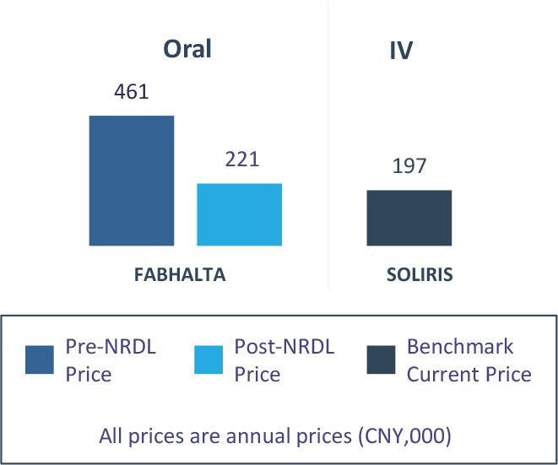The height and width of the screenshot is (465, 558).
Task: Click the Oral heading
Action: point(187,49)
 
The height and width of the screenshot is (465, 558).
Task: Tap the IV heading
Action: point(400,51)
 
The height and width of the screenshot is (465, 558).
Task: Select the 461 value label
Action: point(131,91)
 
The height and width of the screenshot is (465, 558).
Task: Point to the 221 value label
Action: point(241,160)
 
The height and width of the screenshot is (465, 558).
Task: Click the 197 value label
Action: point(409,165)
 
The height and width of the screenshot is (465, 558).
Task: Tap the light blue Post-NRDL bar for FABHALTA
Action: point(239,214)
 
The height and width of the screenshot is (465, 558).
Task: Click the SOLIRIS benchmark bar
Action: point(409,218)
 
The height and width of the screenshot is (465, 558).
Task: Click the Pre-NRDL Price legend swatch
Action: point(41,360)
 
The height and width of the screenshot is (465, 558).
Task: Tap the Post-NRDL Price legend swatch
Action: point(209,360)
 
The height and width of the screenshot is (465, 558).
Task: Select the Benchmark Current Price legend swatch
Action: point(381,360)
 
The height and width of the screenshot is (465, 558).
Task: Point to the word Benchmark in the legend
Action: point(460,347)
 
